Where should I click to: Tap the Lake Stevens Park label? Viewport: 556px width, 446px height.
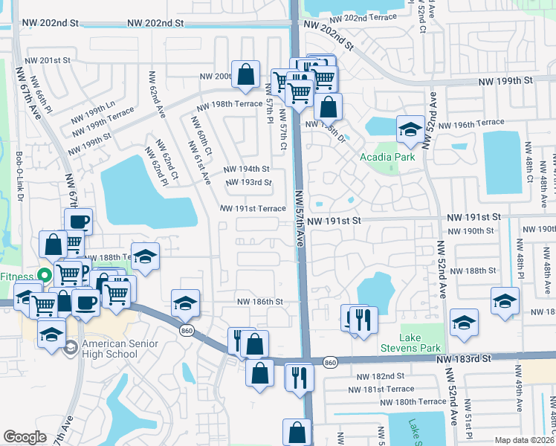(421, 343)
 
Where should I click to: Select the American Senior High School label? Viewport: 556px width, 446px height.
(110, 349)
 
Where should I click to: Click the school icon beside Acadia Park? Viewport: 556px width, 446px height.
(410, 130)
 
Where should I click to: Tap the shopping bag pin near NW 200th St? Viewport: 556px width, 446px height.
(245, 74)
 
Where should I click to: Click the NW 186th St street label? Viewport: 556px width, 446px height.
(260, 302)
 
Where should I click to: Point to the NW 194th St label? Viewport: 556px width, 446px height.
(248, 169)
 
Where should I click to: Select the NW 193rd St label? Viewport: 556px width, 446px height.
(248, 183)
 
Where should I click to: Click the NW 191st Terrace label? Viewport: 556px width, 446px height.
(252, 209)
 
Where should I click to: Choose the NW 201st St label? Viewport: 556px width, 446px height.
(47, 60)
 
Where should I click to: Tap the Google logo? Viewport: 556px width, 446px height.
(25, 437)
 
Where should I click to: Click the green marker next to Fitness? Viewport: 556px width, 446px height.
(44, 274)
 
